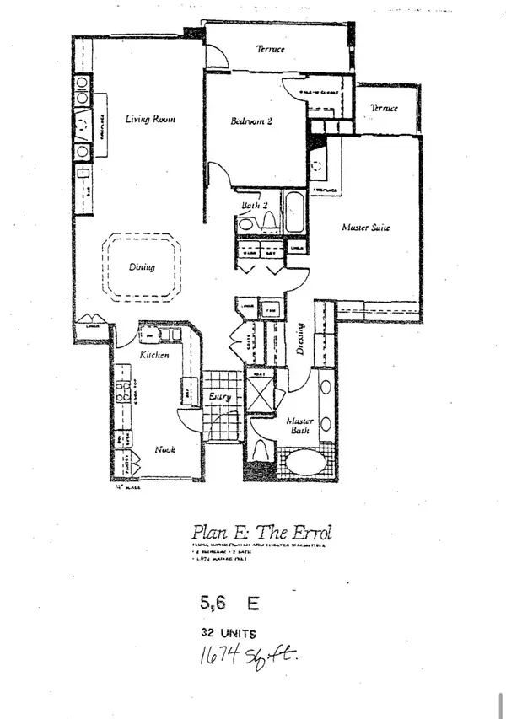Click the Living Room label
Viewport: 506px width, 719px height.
[150, 120]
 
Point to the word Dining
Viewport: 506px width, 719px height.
[142, 267]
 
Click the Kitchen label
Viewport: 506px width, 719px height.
[155, 356]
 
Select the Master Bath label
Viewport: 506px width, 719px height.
[299, 425]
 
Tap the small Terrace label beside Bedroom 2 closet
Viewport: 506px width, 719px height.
[384, 109]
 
